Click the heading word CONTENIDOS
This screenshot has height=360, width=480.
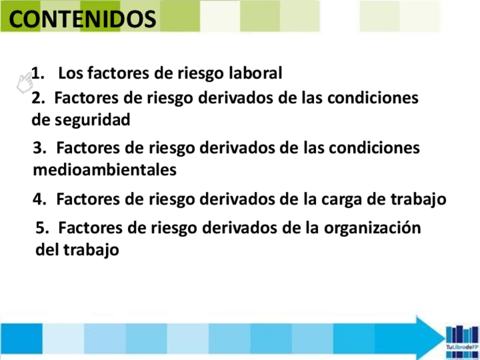point(82,19)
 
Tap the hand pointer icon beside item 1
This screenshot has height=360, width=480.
point(25,83)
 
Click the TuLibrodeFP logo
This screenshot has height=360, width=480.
point(462,341)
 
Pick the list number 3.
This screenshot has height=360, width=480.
point(40,148)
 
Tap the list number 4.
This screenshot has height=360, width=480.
point(40,199)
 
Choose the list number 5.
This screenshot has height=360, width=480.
point(42,228)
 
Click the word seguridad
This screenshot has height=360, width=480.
point(92,120)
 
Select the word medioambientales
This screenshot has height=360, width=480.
point(105,170)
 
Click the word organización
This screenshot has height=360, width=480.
point(372,229)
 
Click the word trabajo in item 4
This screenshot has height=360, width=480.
point(418,200)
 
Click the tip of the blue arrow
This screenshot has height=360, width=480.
point(445,338)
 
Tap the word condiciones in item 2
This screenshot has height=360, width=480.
point(373,98)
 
